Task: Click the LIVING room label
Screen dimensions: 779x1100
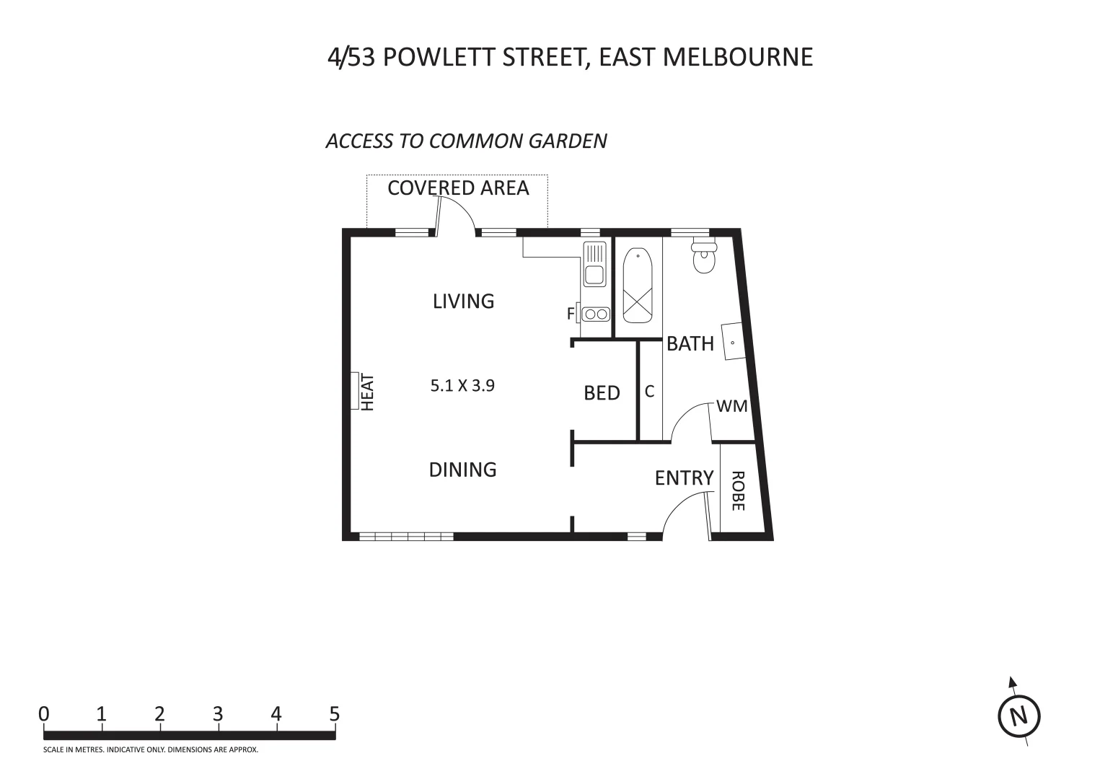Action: pos(463,301)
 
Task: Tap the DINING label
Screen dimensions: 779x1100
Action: pos(462,470)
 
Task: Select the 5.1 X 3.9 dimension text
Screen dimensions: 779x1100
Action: pos(462,385)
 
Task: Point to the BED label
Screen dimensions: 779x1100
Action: pos(602,393)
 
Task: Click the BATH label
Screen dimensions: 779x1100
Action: pos(690,344)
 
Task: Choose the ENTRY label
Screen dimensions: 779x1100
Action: pos(684,477)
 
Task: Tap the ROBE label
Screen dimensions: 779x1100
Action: pos(737,491)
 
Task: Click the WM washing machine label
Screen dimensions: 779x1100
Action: pos(732,406)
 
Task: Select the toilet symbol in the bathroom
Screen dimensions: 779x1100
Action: pos(704,258)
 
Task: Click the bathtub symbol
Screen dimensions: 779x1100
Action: pos(638,286)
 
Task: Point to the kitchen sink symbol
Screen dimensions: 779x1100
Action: pos(594,265)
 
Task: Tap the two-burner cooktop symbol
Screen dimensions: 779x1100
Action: pos(596,314)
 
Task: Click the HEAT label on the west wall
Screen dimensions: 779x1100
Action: pos(368,392)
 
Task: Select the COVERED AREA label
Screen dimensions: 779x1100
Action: pos(458,188)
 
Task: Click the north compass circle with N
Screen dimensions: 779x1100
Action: pos(1018,717)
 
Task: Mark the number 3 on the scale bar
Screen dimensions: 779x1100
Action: pos(218,714)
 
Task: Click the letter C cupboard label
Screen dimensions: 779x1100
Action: pos(649,391)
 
